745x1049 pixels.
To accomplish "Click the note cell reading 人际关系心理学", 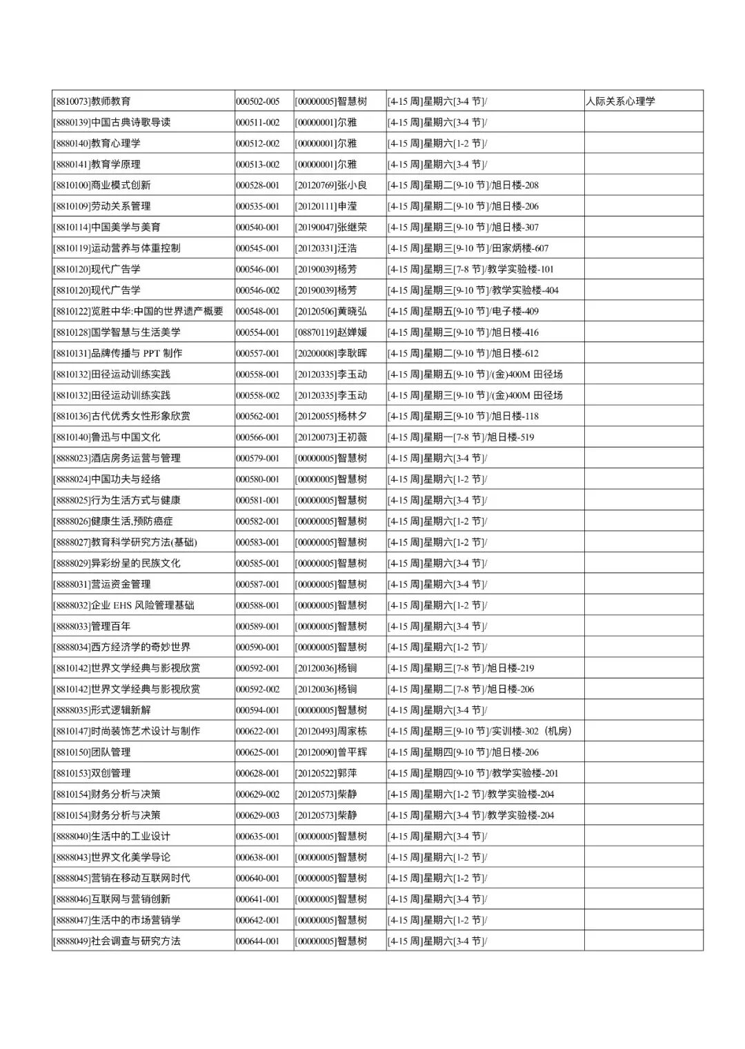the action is [x=621, y=101].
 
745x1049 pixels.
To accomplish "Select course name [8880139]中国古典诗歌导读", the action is [x=112, y=122].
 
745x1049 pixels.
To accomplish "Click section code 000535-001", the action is [x=257, y=206].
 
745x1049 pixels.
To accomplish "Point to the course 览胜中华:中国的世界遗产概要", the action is [x=138, y=311].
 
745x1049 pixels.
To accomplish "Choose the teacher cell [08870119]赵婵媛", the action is [x=331, y=332].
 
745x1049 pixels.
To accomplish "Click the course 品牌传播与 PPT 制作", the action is [x=118, y=353].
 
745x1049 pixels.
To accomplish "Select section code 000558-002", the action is [x=257, y=395].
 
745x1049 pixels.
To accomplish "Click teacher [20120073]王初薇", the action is [x=331, y=437].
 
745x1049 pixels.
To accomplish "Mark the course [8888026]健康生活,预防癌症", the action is [x=113, y=521].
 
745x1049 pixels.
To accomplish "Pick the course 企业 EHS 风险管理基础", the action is [x=123, y=606].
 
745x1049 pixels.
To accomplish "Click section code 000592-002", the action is [x=257, y=689].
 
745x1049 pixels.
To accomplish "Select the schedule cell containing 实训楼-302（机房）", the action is [x=479, y=731].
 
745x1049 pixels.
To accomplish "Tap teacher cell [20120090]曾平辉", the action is [x=331, y=752].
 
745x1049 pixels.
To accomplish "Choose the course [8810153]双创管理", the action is [x=92, y=773].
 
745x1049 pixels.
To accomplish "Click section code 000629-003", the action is [x=257, y=815].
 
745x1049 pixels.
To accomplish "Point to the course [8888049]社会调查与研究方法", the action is [x=117, y=941].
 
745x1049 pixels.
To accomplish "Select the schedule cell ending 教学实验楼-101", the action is [x=470, y=269].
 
